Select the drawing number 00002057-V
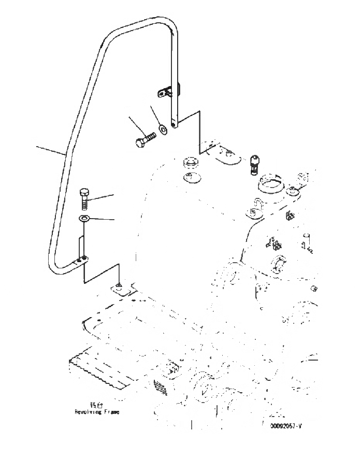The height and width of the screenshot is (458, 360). pyautogui.click(x=285, y=426)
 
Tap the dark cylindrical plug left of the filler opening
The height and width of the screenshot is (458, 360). pyautogui.click(x=254, y=163)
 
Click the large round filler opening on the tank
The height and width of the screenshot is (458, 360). pyautogui.click(x=272, y=185)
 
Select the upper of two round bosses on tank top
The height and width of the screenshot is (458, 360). pyautogui.click(x=190, y=163)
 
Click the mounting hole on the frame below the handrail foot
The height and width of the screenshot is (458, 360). pyautogui.click(x=120, y=287)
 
